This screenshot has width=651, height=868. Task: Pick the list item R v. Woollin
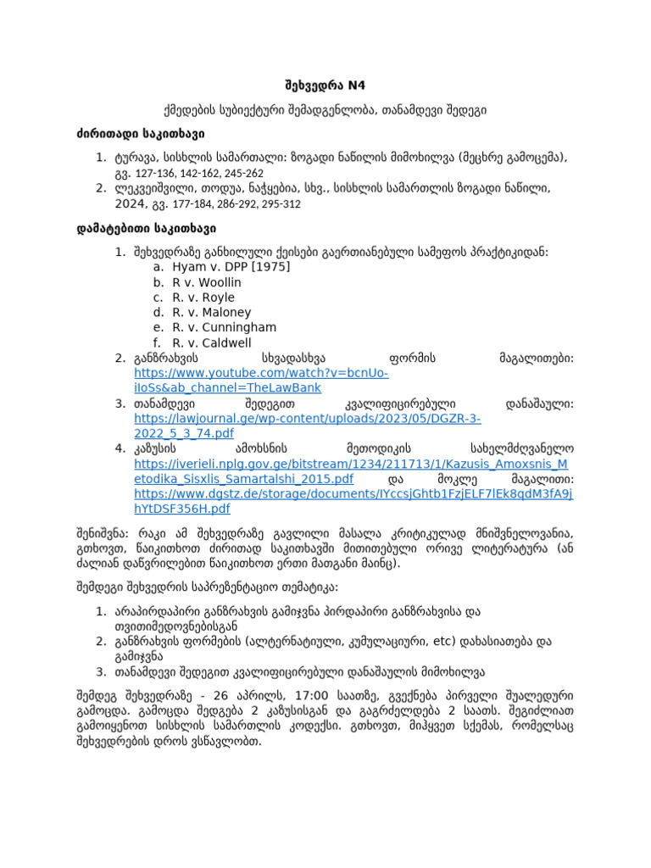click(x=207, y=281)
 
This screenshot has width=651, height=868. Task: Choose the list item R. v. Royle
click(x=203, y=297)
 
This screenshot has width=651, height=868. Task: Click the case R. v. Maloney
click(x=212, y=312)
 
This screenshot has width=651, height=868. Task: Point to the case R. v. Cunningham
click(x=224, y=327)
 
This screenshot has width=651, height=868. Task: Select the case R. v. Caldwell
click(x=212, y=342)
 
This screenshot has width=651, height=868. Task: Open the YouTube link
click(x=261, y=381)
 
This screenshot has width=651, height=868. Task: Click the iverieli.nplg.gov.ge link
click(x=352, y=472)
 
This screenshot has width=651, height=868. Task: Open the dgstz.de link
click(x=353, y=501)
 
